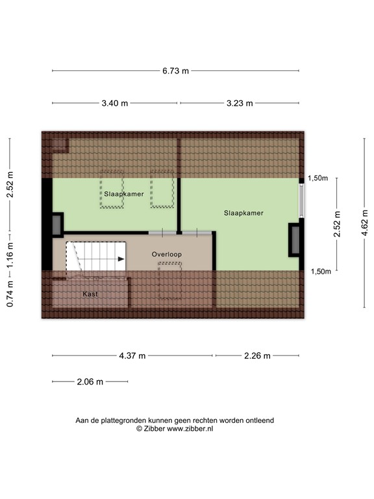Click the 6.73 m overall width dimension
[175, 71]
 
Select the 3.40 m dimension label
[115, 103]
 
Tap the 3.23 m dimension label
[240, 103]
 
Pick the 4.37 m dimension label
[132, 355]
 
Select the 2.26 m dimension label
[258, 355]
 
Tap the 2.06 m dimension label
[90, 382]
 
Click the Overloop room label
[167, 254]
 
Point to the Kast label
[90, 294]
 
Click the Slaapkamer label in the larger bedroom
[243, 212]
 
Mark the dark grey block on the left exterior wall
[57, 224]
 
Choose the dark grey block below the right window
[295, 239]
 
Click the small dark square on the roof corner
[60, 144]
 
